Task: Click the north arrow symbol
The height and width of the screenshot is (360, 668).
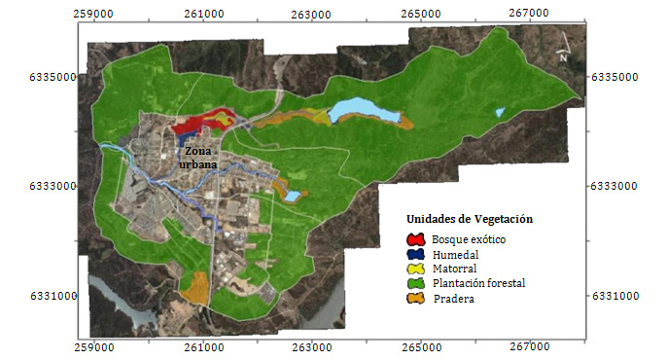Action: [x=562, y=50]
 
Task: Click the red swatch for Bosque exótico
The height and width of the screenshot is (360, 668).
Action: [x=416, y=238]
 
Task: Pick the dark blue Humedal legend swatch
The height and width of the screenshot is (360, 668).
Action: [x=416, y=253]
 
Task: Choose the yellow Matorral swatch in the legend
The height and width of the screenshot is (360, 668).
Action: [x=416, y=268]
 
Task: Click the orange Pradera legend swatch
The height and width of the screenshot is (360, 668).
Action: [x=416, y=298]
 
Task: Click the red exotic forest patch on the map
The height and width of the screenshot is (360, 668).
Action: [x=194, y=123]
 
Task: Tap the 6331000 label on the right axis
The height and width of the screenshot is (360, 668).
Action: [x=619, y=296]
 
